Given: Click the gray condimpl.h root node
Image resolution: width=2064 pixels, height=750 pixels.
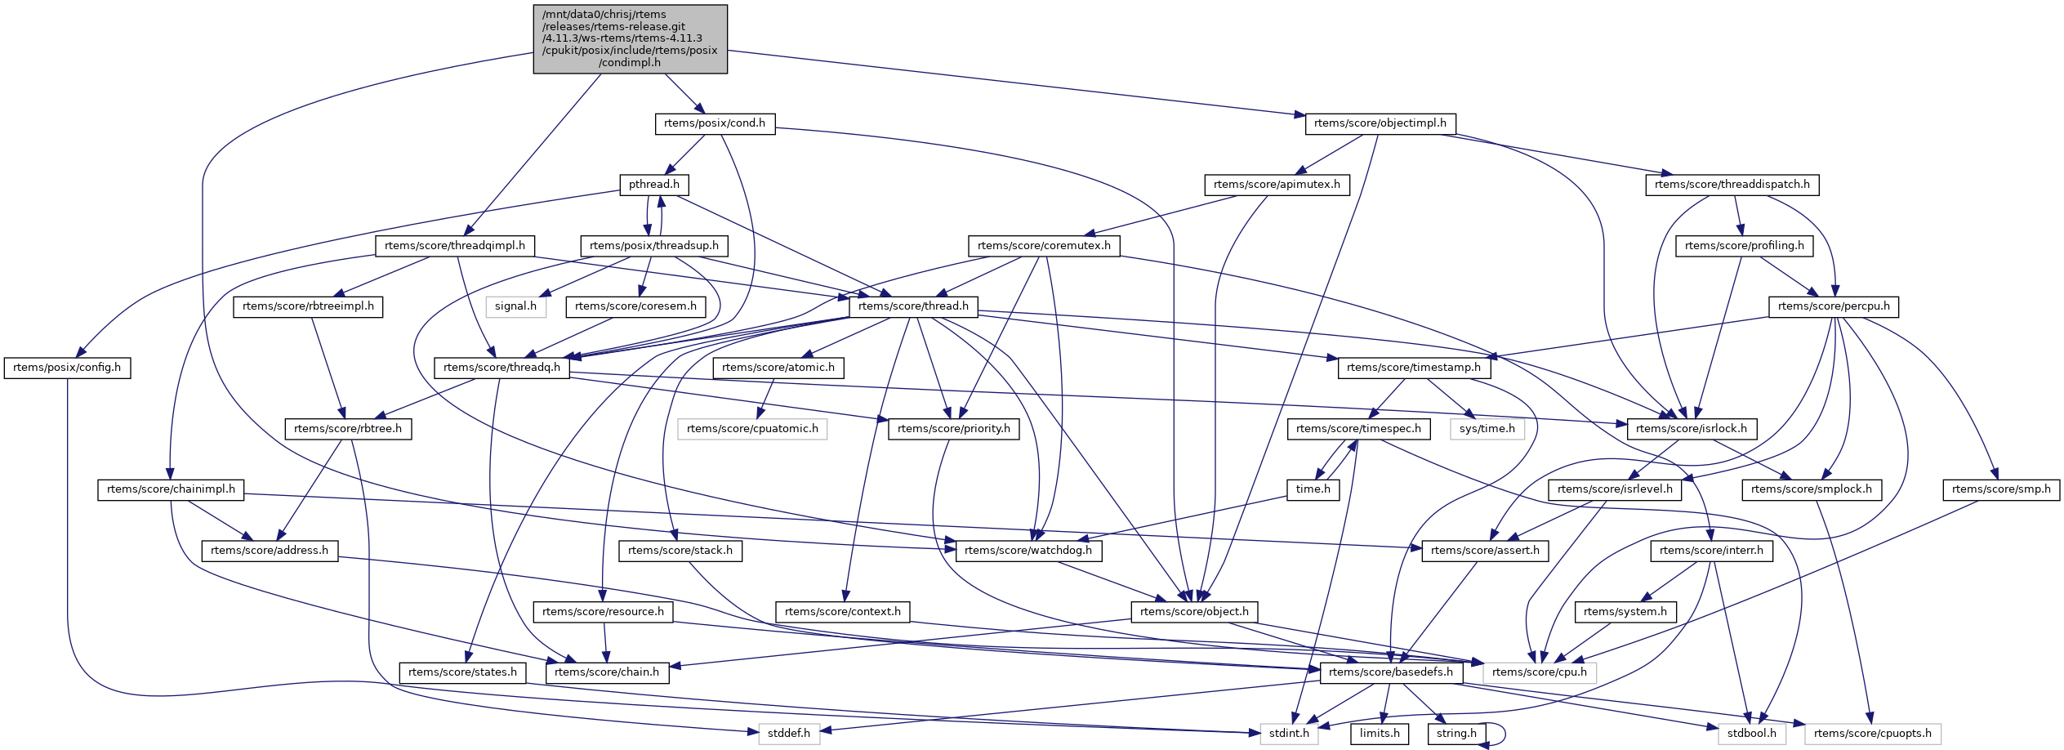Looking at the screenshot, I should click(x=630, y=38).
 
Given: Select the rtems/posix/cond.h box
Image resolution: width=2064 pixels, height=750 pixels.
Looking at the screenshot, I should click(x=715, y=123).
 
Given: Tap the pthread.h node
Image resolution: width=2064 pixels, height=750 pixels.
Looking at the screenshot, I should click(x=653, y=185).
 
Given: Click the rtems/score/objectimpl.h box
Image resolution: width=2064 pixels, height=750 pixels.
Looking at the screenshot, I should click(x=1380, y=123).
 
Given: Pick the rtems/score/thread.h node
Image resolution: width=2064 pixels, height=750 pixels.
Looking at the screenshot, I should click(x=913, y=306).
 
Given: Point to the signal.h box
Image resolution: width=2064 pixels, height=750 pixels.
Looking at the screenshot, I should click(x=515, y=306).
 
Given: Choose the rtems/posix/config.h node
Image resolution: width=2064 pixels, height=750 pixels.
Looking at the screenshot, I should click(x=67, y=368).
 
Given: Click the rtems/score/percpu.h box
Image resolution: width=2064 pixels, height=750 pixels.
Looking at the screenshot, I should click(x=1834, y=306).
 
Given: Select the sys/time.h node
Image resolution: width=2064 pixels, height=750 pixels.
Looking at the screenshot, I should click(x=1487, y=429).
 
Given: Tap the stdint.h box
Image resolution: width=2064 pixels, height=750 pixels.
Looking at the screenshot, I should click(x=1289, y=734).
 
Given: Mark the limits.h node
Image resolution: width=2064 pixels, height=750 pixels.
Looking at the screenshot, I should click(x=1380, y=734).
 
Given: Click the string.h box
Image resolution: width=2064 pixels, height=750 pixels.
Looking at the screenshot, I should click(x=1456, y=734).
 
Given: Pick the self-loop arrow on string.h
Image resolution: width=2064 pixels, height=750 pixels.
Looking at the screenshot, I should click(x=1501, y=734).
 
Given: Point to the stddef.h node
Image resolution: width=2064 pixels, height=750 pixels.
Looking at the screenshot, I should click(x=789, y=734).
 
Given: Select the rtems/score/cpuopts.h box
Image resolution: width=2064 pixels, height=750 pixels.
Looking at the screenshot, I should click(x=1872, y=734).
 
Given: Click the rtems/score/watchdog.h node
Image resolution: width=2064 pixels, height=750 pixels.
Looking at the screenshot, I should click(x=1028, y=551).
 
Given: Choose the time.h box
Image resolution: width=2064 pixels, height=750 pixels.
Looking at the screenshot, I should click(x=1313, y=489).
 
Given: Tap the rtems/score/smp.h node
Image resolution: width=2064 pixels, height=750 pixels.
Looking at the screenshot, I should click(x=2000, y=489).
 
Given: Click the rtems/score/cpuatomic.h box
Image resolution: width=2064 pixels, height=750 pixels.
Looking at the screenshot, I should click(x=752, y=429).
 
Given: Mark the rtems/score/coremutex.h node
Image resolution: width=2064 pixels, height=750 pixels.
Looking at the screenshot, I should click(x=1044, y=246).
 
